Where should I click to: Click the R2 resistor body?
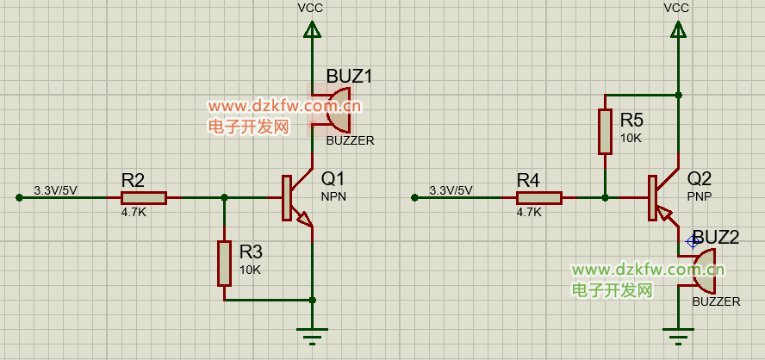144,197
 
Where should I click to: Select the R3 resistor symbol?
224,264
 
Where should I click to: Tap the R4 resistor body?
539,197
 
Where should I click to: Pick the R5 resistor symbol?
605,132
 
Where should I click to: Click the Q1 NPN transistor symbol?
295,197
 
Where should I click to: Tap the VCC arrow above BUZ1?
312,31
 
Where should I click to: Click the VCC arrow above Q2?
678,31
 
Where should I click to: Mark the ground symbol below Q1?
312,336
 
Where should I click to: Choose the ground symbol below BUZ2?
678,336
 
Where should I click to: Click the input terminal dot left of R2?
19,197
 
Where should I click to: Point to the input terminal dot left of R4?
414,197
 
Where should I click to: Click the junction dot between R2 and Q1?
225,197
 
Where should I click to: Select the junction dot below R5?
605,197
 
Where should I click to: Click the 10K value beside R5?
631,138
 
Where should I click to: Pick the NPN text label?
333,196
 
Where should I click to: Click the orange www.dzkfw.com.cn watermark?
285,106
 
